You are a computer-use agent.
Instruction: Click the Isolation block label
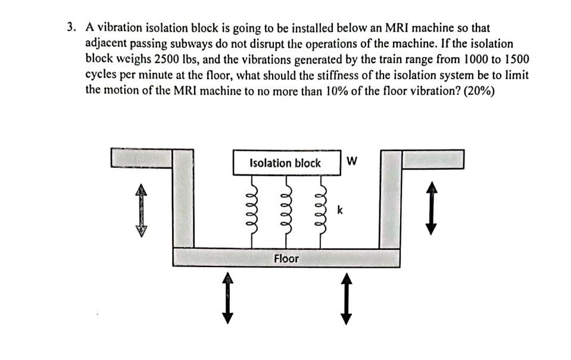click(285, 163)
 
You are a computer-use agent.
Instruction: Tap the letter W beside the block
click(352, 161)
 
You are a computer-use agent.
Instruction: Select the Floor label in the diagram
click(286, 259)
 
